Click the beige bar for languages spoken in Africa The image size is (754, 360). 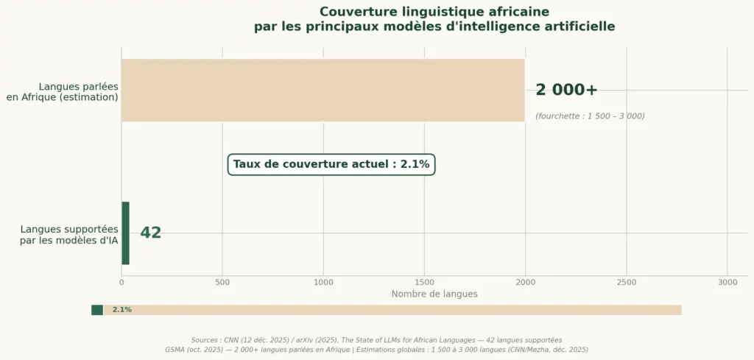coord(323,90)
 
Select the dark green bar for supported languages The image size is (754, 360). coord(125,233)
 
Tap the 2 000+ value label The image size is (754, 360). coord(566,90)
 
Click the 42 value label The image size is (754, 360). coord(150,233)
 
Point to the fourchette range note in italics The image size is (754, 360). coord(590,116)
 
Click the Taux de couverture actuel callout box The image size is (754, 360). coord(331,164)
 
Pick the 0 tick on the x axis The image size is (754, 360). coord(121,282)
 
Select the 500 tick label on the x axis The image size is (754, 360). coord(222,282)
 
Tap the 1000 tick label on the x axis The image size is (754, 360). coord(323,282)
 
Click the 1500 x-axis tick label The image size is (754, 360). coord(424,282)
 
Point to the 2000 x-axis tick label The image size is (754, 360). coord(525,282)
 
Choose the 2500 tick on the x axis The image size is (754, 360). coord(626,282)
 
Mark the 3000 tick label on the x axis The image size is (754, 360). coord(727,282)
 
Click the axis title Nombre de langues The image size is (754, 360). coord(434,294)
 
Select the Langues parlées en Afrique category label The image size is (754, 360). coord(63,91)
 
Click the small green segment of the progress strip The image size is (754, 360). coord(97,310)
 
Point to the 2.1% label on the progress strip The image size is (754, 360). coord(122,310)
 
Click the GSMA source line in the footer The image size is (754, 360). coord(376,350)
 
